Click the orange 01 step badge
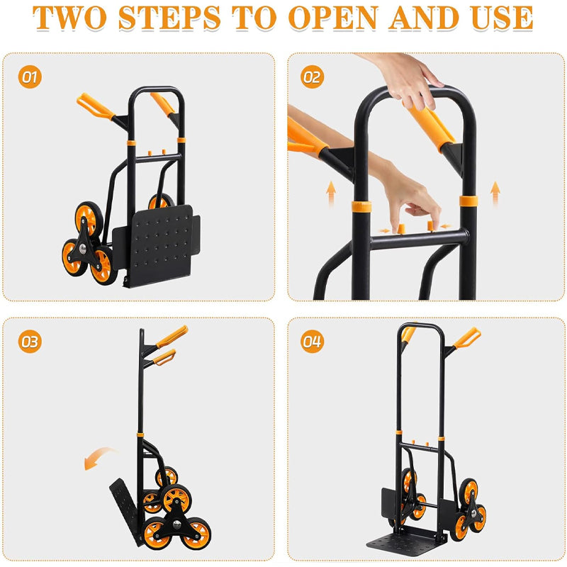(29, 77)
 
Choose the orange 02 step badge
(312, 77)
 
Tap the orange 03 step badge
(29, 342)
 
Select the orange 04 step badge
(312, 342)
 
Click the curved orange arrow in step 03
(99, 458)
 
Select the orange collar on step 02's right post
(468, 201)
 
